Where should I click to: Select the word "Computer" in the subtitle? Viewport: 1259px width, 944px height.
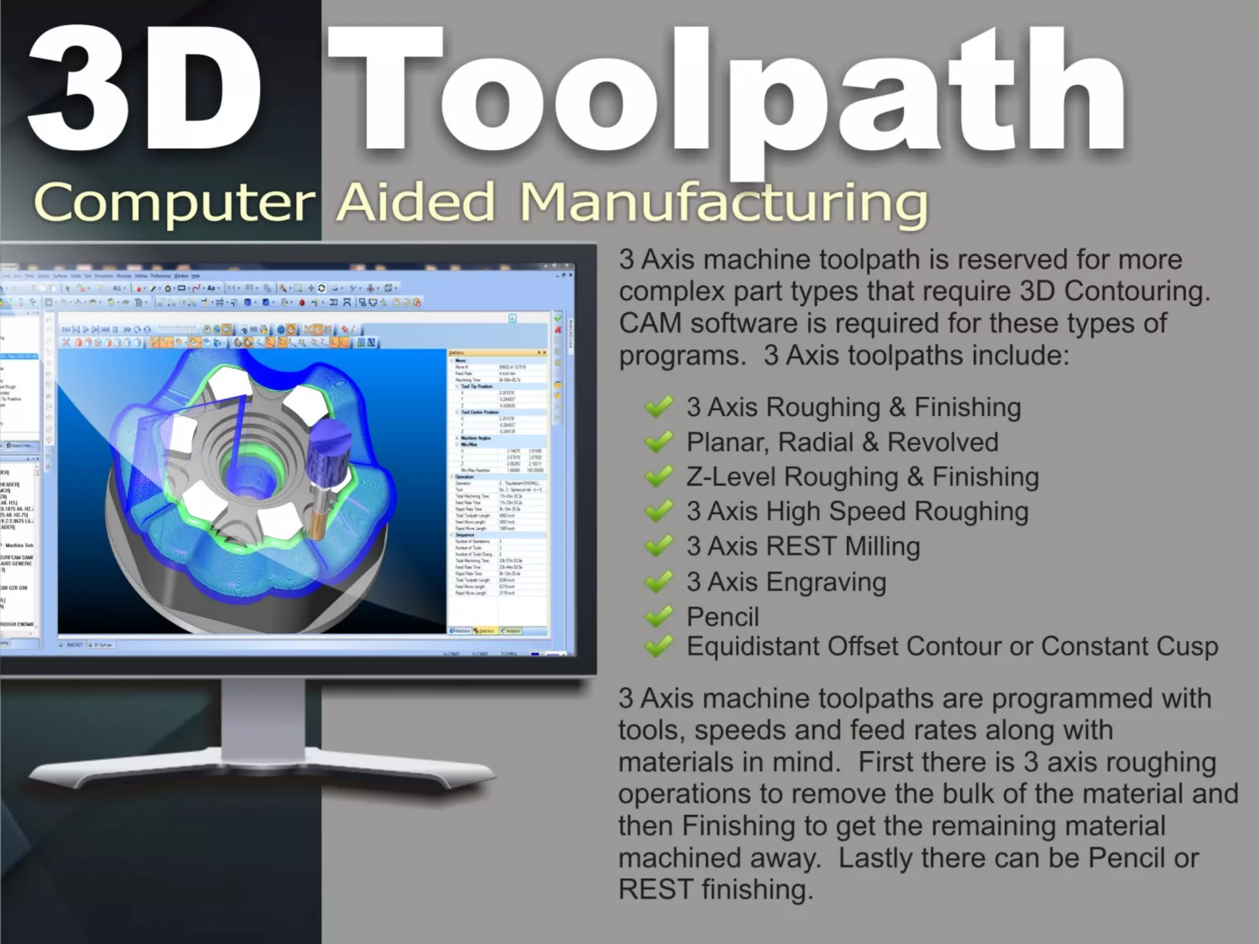click(x=175, y=203)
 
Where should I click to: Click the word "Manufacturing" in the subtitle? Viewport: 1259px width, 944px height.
click(x=724, y=203)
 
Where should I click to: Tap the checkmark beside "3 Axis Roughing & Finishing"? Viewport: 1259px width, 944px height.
click(x=658, y=407)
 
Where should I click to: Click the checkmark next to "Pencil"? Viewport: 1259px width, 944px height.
click(x=658, y=616)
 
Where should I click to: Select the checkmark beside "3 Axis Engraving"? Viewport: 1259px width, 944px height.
click(x=658, y=582)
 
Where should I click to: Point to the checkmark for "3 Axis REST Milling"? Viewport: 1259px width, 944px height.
click(x=658, y=546)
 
